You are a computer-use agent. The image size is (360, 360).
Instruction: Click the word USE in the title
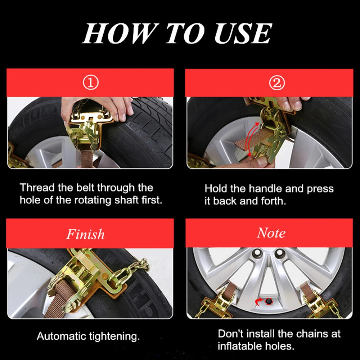[x=243, y=33]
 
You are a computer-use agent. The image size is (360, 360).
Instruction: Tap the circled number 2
[x=277, y=83]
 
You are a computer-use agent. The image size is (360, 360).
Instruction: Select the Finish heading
[x=85, y=234]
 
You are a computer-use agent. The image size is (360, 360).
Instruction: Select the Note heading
[x=271, y=233]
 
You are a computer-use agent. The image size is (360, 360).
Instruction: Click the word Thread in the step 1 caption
[x=37, y=188]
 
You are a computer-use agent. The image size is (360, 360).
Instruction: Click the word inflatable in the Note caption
[x=240, y=346]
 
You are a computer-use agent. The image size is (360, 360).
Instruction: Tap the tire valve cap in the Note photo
[x=268, y=301]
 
